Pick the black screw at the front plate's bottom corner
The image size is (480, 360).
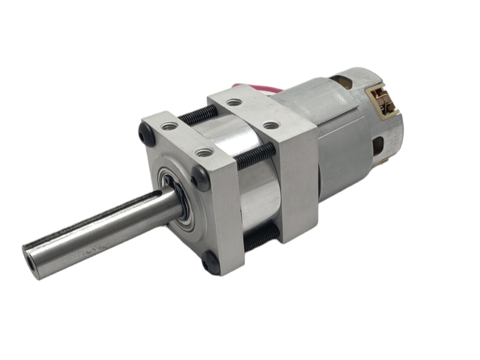coord(210,264)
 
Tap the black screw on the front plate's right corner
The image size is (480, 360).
coord(201,179)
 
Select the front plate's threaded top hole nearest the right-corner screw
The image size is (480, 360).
coord(204,153)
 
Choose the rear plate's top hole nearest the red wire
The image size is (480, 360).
coord(234,103)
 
